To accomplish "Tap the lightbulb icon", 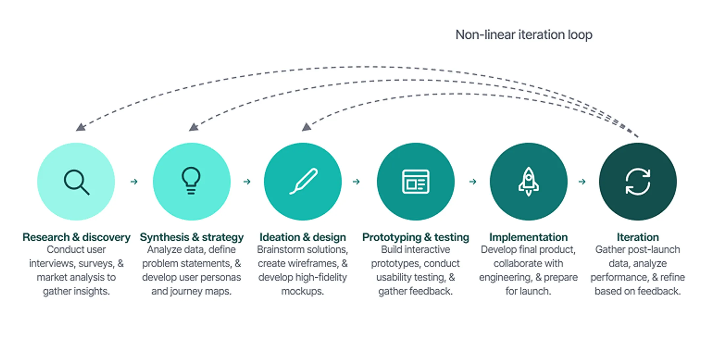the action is [191, 180].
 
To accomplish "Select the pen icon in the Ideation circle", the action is [303, 181].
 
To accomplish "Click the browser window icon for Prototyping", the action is [415, 181].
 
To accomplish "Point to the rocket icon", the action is [528, 181].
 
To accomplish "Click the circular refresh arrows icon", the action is [638, 181].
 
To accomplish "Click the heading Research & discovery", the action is [76, 237].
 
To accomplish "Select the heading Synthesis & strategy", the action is [192, 237].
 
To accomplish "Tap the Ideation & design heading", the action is [303, 237].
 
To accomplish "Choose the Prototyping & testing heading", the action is [415, 237].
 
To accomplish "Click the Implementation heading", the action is [528, 237].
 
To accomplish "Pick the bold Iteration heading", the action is [638, 237].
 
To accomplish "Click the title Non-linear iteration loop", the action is [524, 35].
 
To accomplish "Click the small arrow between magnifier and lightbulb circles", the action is [134, 181].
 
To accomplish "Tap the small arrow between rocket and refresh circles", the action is [582, 181].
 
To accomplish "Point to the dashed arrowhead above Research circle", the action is [80, 127].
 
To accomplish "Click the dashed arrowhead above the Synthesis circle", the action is [193, 127].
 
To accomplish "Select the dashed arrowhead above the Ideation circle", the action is [306, 127].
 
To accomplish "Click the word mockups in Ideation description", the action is [302, 291].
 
